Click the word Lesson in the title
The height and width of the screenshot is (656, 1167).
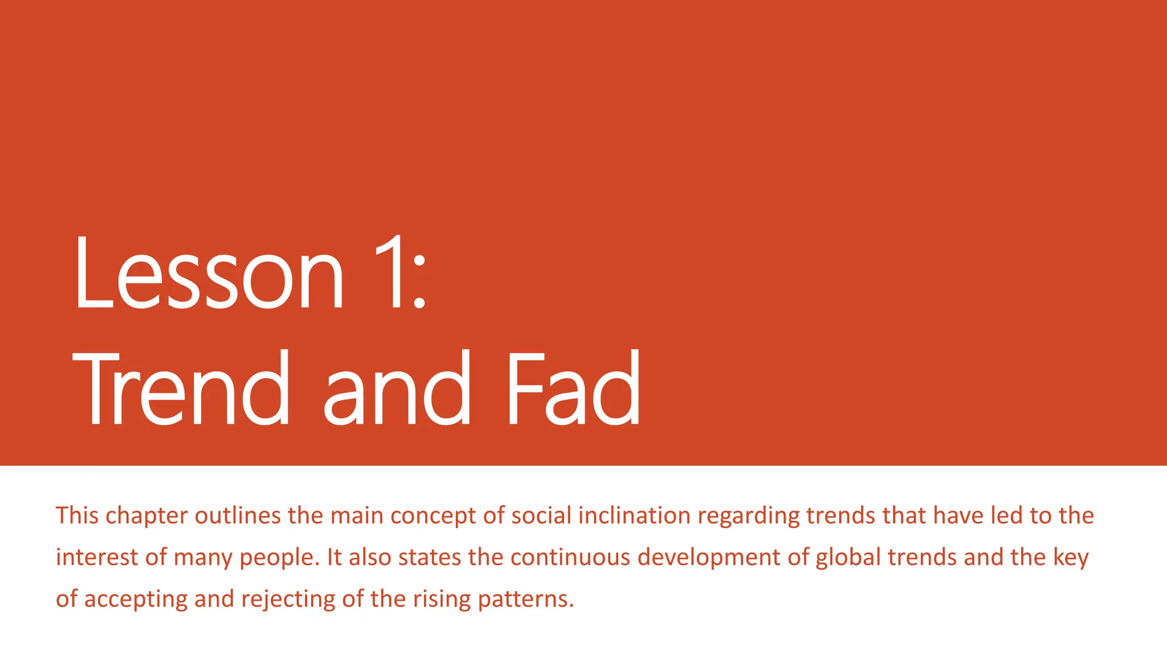pos(209,273)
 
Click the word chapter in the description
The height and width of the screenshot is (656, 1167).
pos(146,516)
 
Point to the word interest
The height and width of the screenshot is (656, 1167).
pos(97,557)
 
